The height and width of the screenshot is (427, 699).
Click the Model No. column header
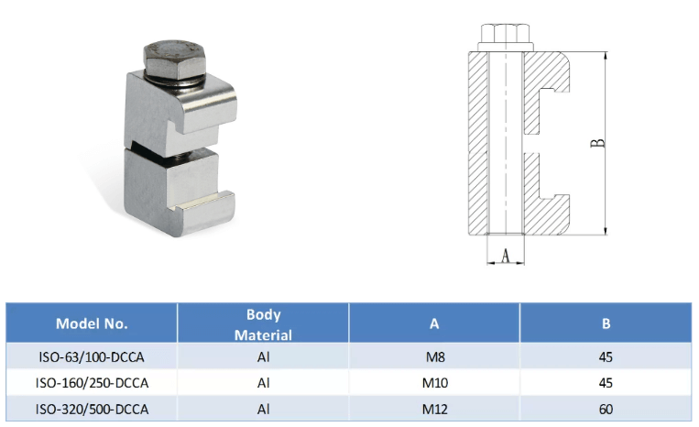coord(92,323)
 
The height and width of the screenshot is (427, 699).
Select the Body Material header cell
coord(263,324)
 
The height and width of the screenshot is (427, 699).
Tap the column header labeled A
coord(434,323)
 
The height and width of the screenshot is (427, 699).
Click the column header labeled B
coord(606,323)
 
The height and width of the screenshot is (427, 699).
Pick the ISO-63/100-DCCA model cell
coord(92,357)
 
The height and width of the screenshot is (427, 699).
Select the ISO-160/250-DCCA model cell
coord(92,383)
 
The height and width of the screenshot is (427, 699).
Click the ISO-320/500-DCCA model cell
coord(92,410)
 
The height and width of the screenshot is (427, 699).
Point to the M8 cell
coord(435,357)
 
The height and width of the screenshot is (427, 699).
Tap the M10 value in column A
coord(435,383)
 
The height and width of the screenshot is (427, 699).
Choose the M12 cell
coord(435,410)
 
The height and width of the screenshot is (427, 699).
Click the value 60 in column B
coord(606,410)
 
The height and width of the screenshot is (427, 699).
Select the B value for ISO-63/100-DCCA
coord(606,357)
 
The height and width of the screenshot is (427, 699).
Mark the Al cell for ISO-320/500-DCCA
coord(264,410)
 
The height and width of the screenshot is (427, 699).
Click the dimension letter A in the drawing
coord(505,256)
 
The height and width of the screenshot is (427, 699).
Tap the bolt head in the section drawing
coord(506,38)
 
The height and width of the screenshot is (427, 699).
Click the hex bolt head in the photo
coord(176,60)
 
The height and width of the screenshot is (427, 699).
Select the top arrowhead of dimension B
coord(606,55)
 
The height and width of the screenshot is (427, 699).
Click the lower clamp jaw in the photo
coord(180,192)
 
